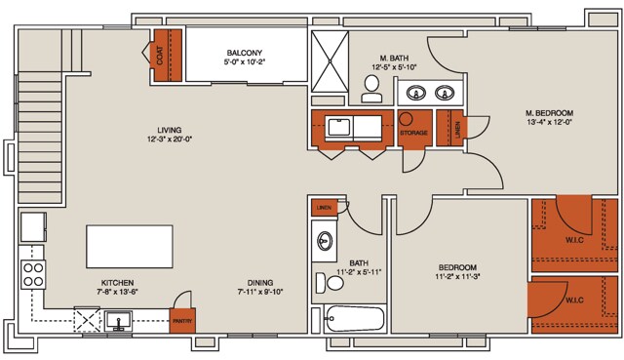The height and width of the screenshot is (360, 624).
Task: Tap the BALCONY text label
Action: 242,54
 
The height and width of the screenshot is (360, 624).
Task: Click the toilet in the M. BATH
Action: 370,90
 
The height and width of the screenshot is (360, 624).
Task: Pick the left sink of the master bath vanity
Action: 416,94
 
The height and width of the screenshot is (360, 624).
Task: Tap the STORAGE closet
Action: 414,131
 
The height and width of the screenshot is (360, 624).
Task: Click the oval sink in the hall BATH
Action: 325,240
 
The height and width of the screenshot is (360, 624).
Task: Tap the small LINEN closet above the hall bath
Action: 324,208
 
